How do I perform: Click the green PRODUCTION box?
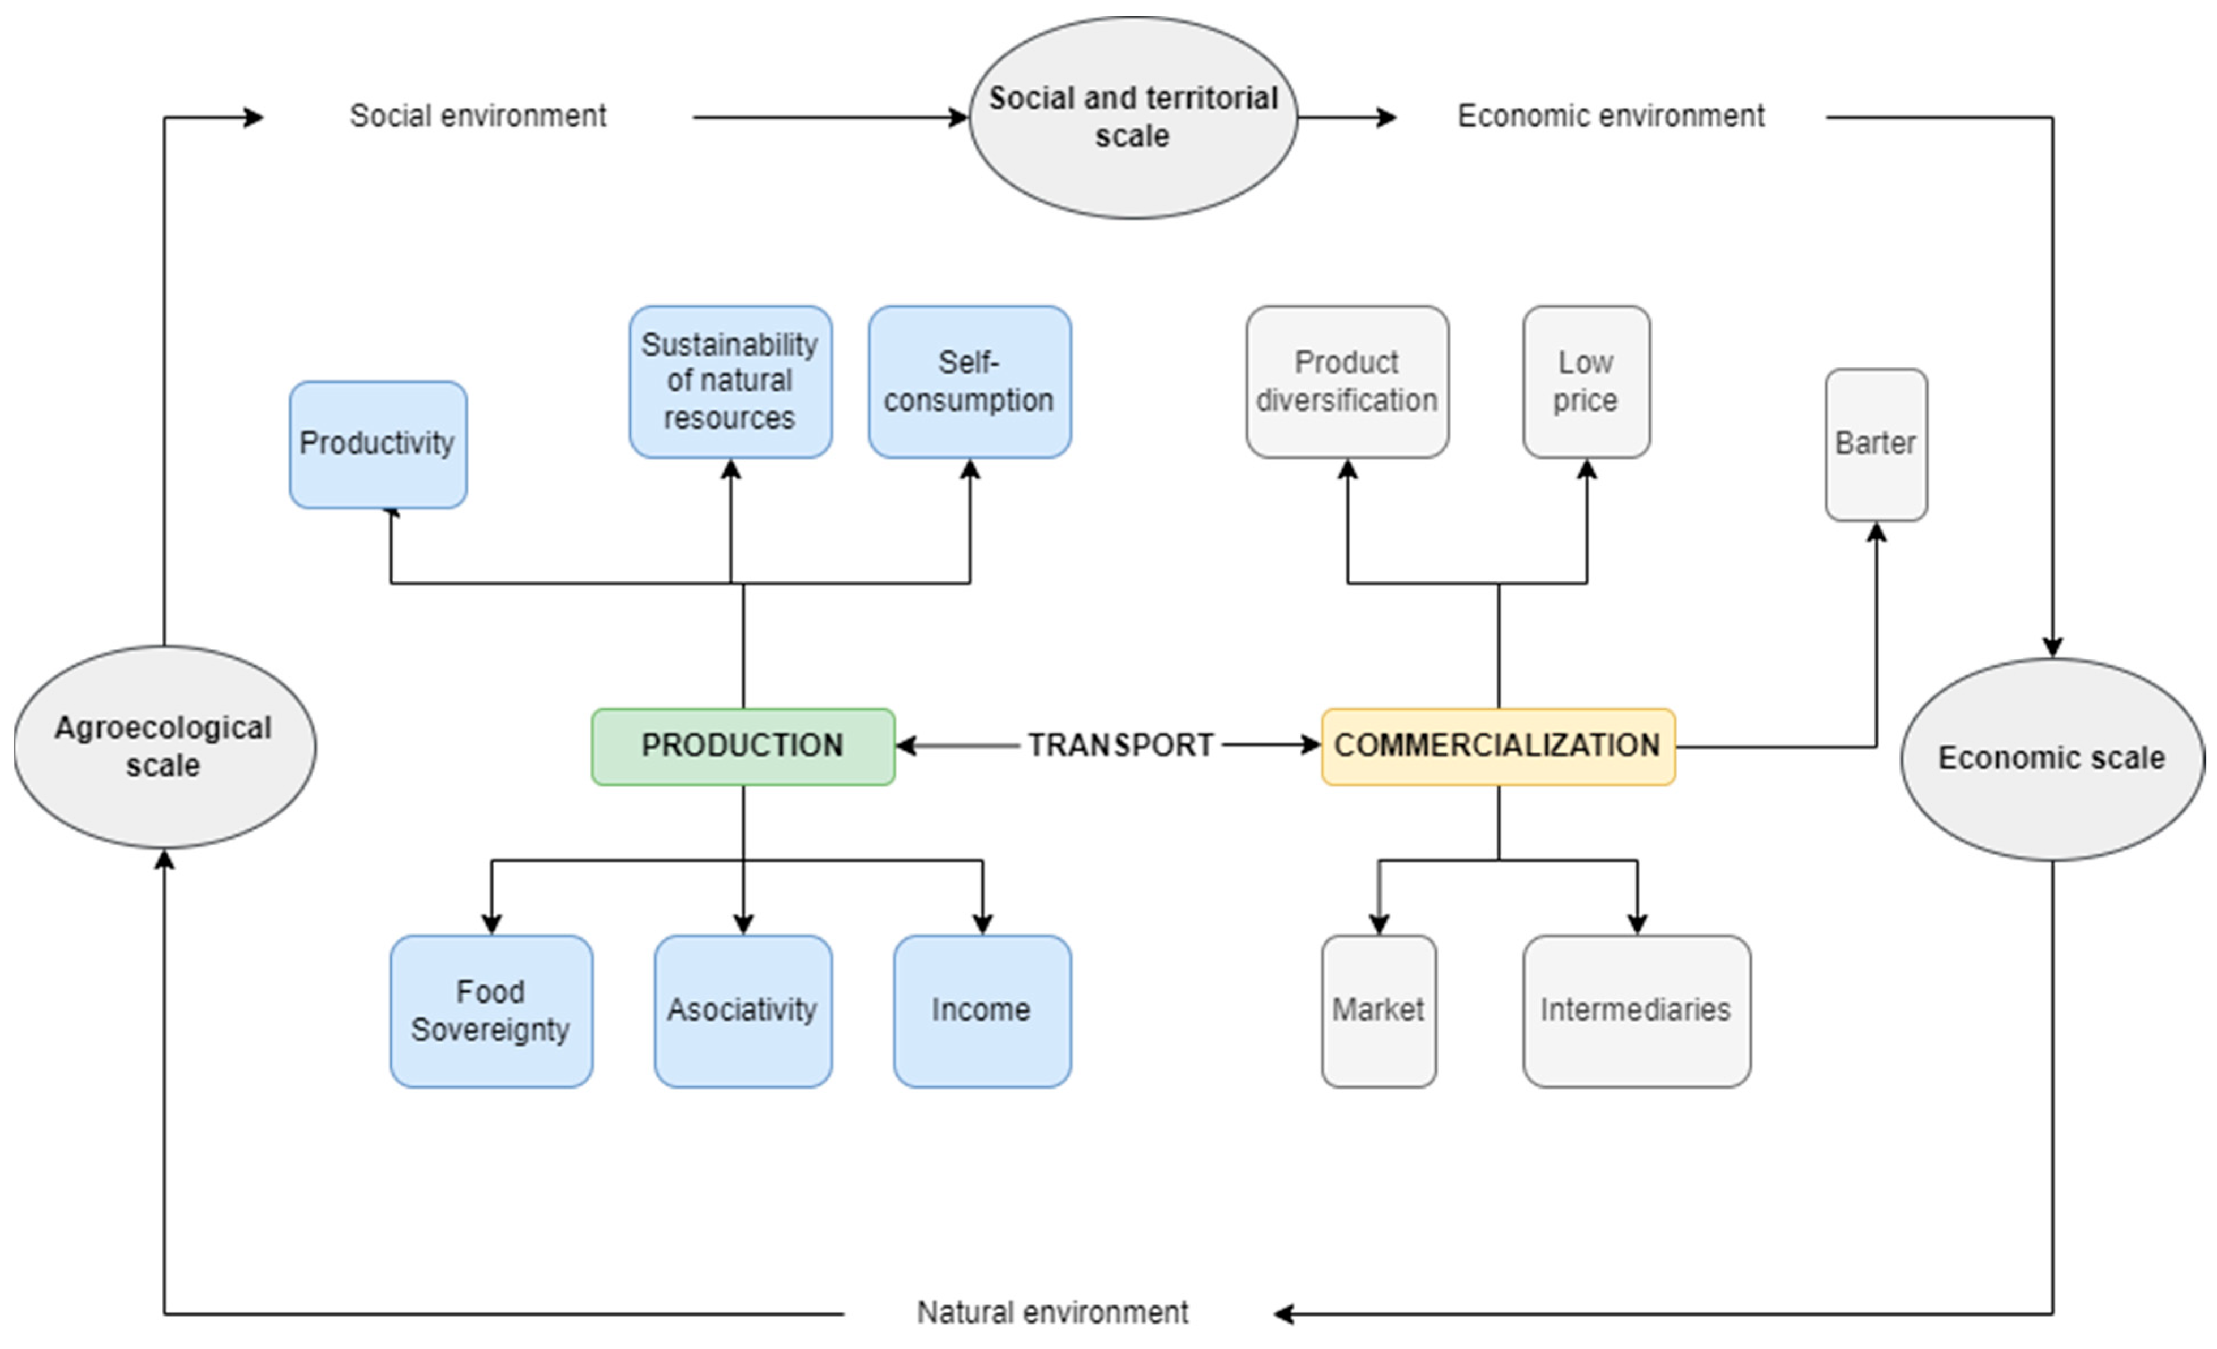pos(742,746)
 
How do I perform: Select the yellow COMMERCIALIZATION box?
pos(1497,746)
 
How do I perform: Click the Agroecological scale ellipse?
pos(164,746)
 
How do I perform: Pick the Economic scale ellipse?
pos(2052,759)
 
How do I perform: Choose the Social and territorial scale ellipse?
pos(1133,117)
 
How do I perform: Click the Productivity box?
pos(378,444)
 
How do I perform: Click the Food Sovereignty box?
pos(490,1010)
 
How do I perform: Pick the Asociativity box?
pos(742,1010)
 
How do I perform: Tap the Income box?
pos(982,1010)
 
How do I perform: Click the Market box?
pos(1377,1010)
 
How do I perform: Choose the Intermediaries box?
pos(1636,1010)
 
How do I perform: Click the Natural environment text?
pos(1052,1313)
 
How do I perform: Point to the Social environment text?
pos(478,116)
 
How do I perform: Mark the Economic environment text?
pos(1611,116)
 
